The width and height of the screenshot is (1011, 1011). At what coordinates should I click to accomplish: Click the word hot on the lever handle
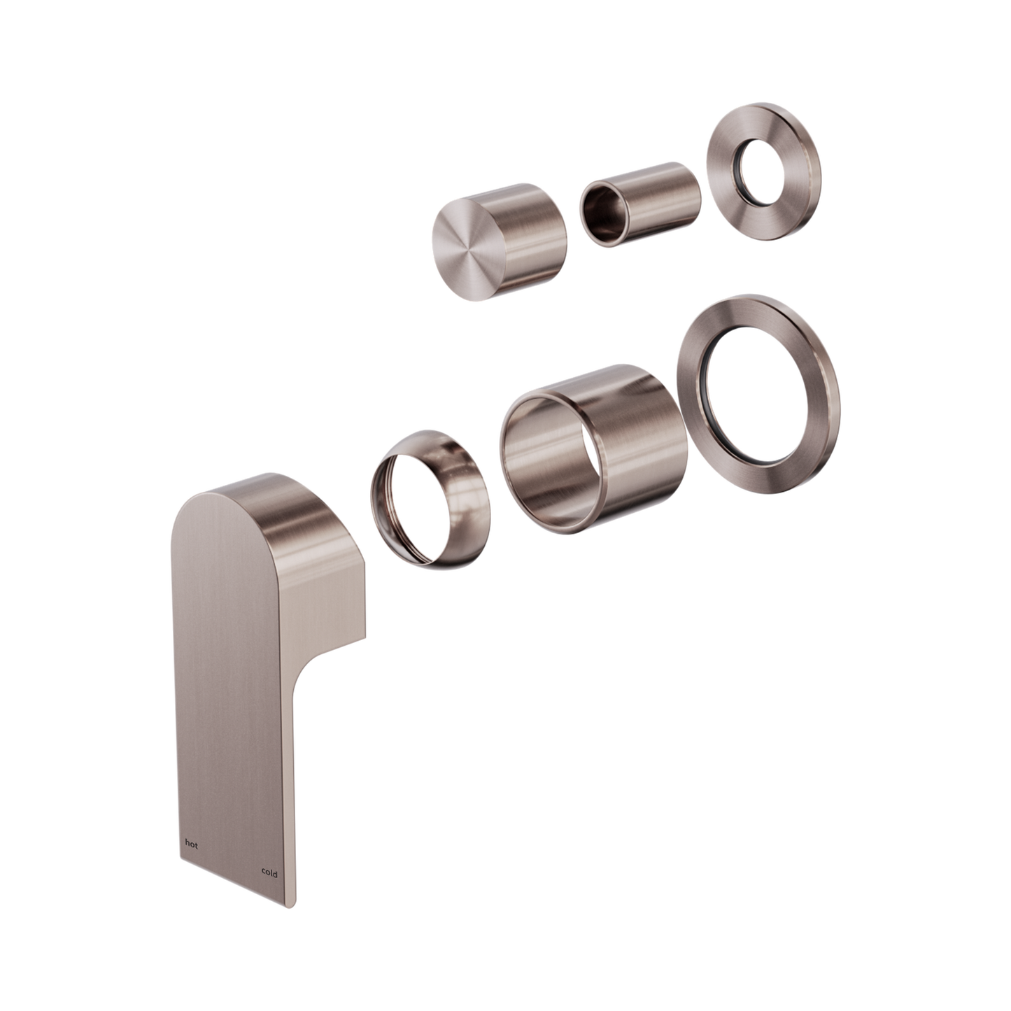(190, 845)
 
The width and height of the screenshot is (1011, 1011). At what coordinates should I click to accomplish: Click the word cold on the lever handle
(269, 874)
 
